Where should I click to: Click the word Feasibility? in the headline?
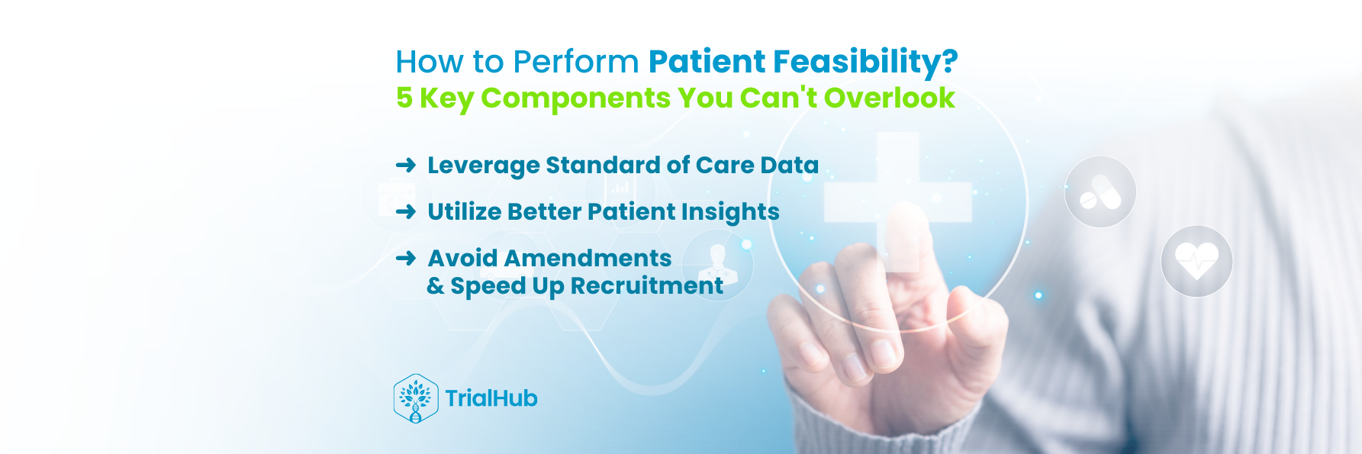pos(865,62)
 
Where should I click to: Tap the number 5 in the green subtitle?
pos(404,98)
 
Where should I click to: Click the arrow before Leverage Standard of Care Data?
pos(406,165)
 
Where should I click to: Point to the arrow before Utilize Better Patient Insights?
pos(406,211)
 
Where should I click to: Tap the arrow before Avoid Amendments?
pos(406,259)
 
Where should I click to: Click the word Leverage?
pos(483,166)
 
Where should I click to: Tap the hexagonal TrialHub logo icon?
pos(416,398)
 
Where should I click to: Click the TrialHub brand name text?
pos(491,398)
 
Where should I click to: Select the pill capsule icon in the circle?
pos(1100,192)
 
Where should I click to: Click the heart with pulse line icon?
pos(1196,261)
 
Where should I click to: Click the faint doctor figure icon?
pos(717,264)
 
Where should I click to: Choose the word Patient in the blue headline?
pos(707,62)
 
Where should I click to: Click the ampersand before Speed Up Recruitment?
pos(435,286)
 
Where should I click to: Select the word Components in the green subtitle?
pos(575,98)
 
